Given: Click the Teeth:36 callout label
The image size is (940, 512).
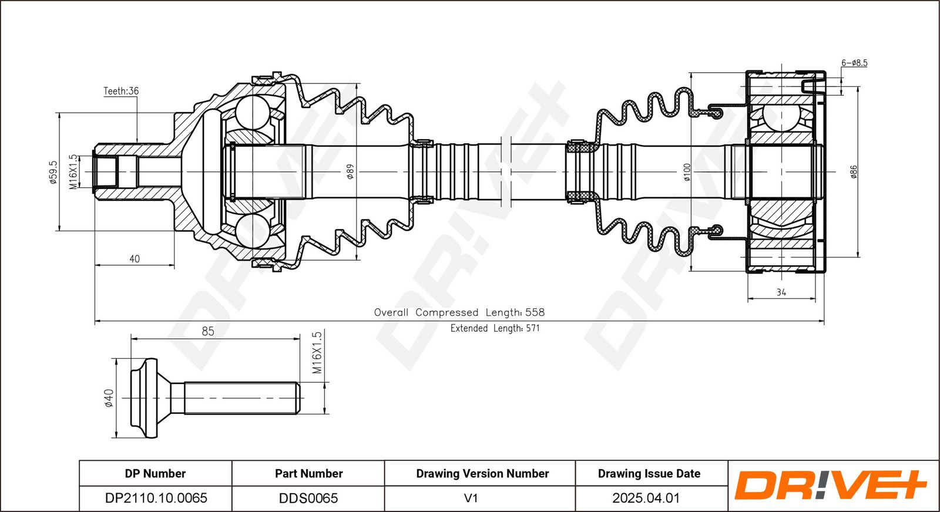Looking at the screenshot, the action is [x=121, y=91].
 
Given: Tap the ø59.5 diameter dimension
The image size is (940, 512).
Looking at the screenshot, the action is [x=52, y=173].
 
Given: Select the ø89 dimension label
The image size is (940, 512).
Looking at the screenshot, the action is [x=350, y=171].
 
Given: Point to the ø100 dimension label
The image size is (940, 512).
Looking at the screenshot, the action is [x=687, y=172].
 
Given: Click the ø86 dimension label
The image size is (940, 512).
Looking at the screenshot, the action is [x=854, y=172].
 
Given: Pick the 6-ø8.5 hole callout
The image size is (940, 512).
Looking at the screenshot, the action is [x=854, y=63].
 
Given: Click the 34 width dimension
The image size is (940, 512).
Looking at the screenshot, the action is [x=781, y=292].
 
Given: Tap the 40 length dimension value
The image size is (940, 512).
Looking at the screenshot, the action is [x=135, y=259].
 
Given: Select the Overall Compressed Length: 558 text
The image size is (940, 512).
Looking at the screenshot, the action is [x=459, y=312].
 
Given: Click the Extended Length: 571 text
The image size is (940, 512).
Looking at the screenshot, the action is [x=495, y=328].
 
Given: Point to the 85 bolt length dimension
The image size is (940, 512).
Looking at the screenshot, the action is [x=208, y=331].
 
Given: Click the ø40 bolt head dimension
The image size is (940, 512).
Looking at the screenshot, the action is [x=108, y=398].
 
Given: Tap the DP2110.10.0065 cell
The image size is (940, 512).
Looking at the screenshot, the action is [x=156, y=498].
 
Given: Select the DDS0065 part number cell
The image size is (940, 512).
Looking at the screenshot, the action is [x=308, y=498].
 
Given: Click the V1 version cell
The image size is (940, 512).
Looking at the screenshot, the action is [x=471, y=498].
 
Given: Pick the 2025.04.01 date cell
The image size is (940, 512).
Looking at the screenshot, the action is [x=646, y=498].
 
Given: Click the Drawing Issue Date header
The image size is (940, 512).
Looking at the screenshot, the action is [x=649, y=473].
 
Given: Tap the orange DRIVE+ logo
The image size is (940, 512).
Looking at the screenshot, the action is [x=831, y=485].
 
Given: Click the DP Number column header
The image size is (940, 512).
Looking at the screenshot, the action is [x=155, y=473].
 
